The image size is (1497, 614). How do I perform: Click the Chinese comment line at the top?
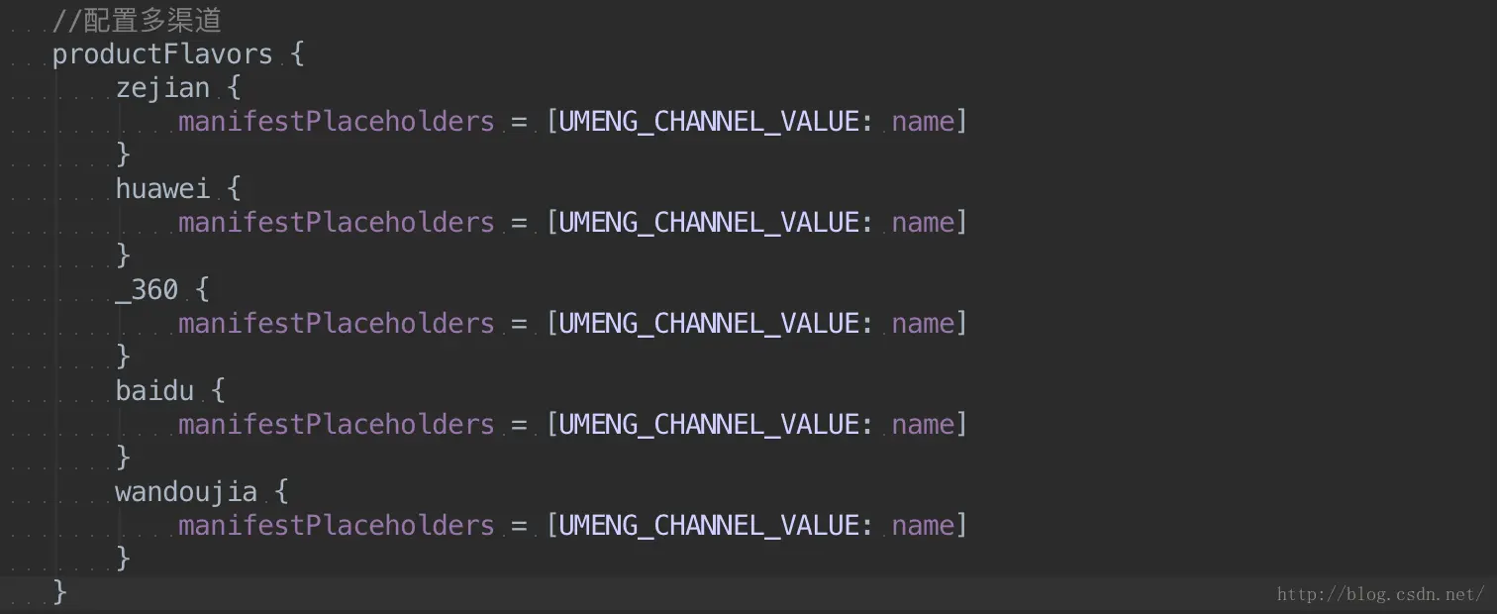pos(137,20)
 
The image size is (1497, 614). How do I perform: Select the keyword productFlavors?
pos(162,54)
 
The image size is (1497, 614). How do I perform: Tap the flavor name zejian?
pos(162,88)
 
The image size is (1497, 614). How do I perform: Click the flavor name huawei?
pos(162,189)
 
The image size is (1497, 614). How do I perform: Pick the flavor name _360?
pos(147,290)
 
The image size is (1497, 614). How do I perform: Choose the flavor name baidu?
pos(154,391)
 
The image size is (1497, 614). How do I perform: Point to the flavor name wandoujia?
pos(186,492)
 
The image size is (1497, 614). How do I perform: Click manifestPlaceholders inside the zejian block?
pos(336,122)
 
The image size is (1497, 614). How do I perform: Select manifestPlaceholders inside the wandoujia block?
pos(336,526)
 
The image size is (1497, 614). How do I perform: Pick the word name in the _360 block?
pos(923,324)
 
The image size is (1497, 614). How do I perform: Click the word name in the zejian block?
pos(923,122)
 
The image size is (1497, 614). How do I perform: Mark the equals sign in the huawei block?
pos(520,223)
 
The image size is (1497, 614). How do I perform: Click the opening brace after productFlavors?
pos(297,54)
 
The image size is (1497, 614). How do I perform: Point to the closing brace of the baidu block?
pos(123,457)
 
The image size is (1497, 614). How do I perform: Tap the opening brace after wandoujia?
pos(281,492)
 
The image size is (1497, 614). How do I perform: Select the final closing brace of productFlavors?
pos(59,591)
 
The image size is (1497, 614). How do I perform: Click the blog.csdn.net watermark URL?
pos(1380,594)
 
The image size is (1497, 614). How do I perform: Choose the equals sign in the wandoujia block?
pos(520,526)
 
